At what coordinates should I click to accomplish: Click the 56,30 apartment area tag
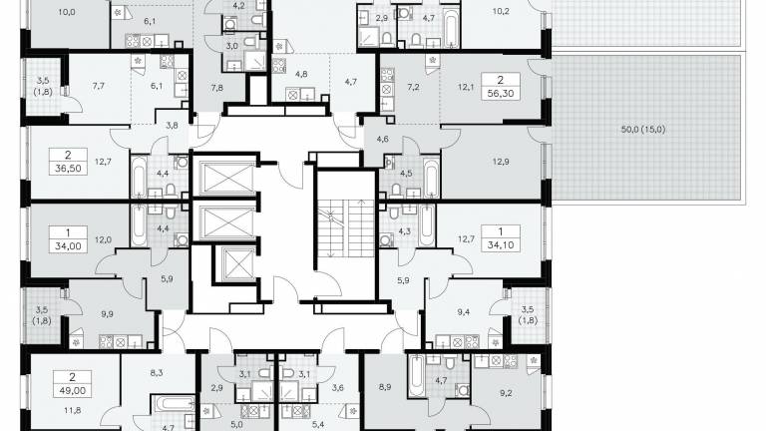(x=501, y=87)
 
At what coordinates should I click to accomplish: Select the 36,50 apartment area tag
(x=68, y=162)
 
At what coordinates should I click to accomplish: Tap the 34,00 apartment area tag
(x=68, y=239)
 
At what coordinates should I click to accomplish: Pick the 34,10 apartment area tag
(x=501, y=238)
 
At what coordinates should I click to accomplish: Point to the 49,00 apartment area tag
(x=72, y=384)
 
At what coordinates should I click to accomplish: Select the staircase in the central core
(x=345, y=227)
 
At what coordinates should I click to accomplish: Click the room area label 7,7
(x=98, y=86)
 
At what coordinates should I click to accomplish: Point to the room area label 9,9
(x=107, y=314)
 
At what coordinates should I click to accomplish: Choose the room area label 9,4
(x=463, y=311)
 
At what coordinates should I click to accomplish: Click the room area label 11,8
(x=73, y=410)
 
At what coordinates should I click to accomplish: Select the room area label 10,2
(x=501, y=11)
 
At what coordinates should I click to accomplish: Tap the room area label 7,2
(x=413, y=88)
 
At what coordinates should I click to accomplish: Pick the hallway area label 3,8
(x=172, y=125)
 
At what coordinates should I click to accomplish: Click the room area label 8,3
(x=157, y=373)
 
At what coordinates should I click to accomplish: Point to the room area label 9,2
(x=506, y=392)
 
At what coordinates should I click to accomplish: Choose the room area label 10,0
(x=67, y=12)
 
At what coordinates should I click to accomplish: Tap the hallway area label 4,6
(x=383, y=139)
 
